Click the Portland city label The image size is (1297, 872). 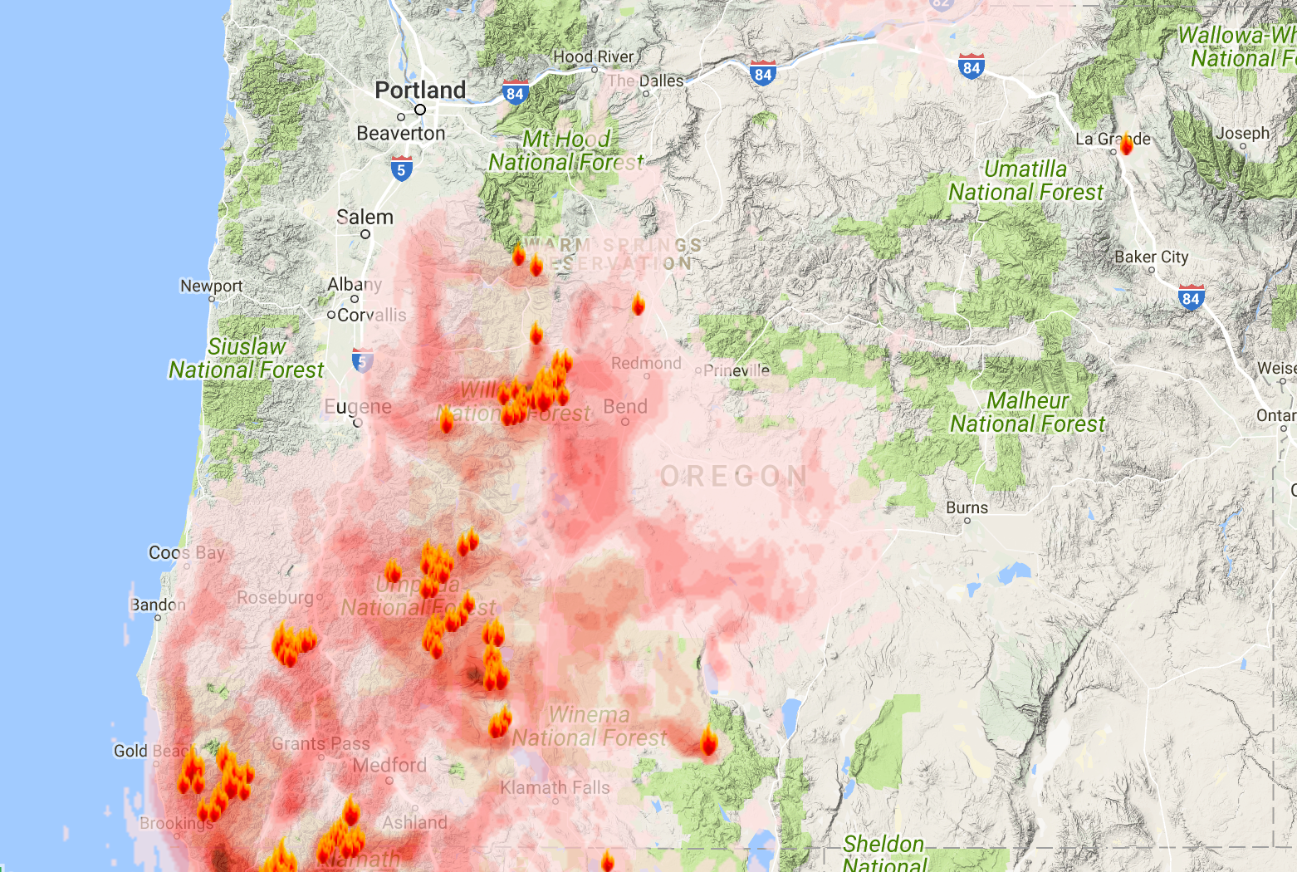tap(420, 90)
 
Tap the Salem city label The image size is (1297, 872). tap(365, 218)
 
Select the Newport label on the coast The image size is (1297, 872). tap(212, 286)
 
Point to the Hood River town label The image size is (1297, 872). tap(593, 57)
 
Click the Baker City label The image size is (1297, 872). tap(1151, 257)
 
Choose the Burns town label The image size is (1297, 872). tap(967, 507)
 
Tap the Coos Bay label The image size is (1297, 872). tap(187, 553)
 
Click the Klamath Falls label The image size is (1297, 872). tap(555, 787)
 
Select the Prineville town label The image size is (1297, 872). tap(737, 370)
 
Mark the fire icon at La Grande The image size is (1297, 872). tap(1126, 145)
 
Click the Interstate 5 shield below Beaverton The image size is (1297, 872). tap(401, 169)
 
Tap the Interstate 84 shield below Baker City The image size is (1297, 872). tap(1191, 297)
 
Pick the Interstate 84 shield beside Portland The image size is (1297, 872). tap(515, 93)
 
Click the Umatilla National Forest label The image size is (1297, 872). tap(1025, 180)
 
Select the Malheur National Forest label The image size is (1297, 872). tap(1027, 412)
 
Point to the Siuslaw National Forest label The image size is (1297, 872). tap(246, 358)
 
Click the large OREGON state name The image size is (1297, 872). tap(733, 477)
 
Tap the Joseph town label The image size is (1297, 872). tap(1242, 134)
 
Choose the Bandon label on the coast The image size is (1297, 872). tap(158, 605)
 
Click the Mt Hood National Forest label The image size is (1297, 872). tap(565, 150)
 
